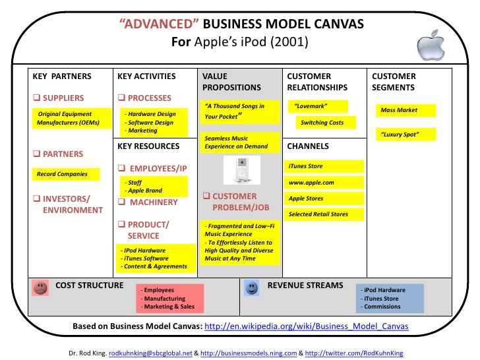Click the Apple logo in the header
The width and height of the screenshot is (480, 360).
[x=431, y=45]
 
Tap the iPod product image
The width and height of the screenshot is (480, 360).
[x=242, y=170]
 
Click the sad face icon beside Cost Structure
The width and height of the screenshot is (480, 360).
[x=40, y=287]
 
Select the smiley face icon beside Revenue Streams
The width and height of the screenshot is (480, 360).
[x=252, y=287]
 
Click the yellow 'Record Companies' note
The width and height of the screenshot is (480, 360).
[x=66, y=174]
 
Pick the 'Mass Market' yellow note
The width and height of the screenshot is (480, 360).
[x=405, y=110]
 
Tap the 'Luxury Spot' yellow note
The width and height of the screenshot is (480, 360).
[x=405, y=135]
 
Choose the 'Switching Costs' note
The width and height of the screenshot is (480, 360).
[x=326, y=123]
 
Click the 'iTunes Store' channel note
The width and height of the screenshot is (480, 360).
[x=324, y=166]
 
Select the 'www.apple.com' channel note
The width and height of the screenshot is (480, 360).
[x=324, y=183]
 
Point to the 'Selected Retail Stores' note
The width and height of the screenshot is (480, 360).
[x=324, y=214]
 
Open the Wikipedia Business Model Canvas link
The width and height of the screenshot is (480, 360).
[x=307, y=326]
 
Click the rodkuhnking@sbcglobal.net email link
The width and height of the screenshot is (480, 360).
[x=150, y=353]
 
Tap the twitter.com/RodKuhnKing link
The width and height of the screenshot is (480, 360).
[x=354, y=353]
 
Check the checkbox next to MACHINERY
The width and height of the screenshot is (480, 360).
[x=121, y=202]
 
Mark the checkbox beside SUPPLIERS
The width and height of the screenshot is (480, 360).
[x=37, y=98]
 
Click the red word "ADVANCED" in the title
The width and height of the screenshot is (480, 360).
[x=159, y=24]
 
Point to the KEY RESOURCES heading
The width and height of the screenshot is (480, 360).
[x=148, y=146]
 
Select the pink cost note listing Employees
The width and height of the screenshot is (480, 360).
[x=170, y=299]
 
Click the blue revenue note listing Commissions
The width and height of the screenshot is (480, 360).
[x=390, y=299]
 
